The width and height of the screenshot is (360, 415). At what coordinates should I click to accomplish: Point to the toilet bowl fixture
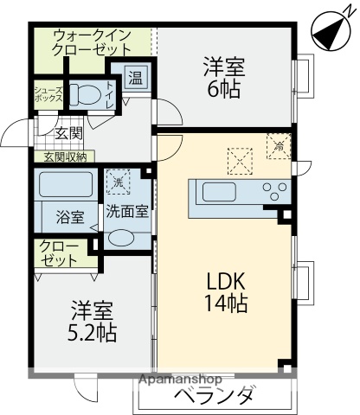click(84, 94)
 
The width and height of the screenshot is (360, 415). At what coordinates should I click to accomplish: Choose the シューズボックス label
click(48, 94)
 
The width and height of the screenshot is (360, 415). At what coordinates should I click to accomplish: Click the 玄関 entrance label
click(68, 133)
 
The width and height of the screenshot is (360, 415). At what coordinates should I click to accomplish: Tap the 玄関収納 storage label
click(64, 156)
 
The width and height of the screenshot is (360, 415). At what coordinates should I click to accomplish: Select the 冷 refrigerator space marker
click(279, 145)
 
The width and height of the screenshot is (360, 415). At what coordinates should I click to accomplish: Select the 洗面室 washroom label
click(125, 211)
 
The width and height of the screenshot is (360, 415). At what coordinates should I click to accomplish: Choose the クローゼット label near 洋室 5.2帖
click(58, 253)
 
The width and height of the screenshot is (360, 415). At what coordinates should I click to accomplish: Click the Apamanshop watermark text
click(183, 379)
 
